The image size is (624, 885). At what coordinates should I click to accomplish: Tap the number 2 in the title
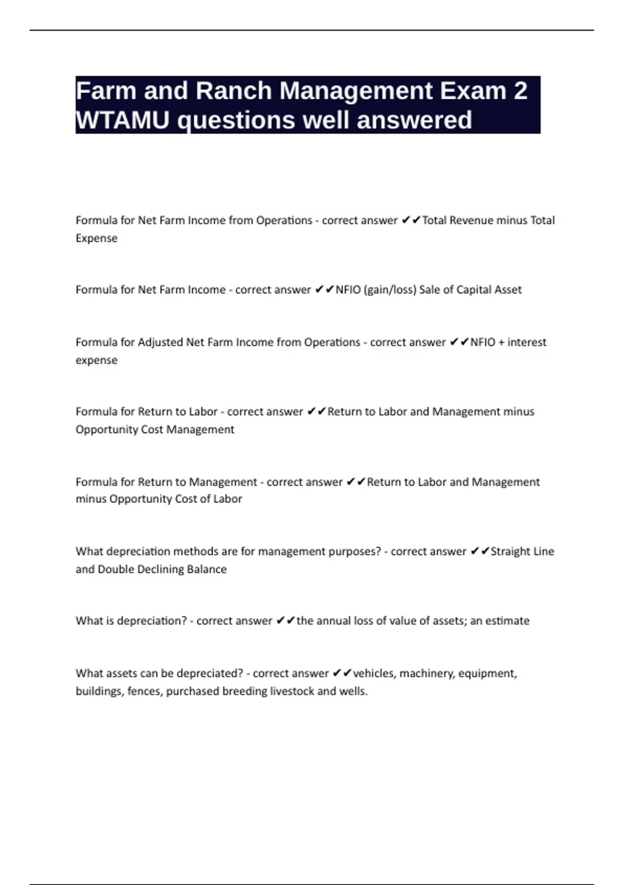coord(520,91)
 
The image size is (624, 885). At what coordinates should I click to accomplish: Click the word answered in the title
coord(414,120)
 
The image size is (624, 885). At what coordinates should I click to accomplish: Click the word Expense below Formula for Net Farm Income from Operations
coord(97,238)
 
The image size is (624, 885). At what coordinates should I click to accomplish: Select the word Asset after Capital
coord(507,289)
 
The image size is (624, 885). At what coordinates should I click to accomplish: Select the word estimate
coord(507,621)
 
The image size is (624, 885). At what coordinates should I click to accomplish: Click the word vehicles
coord(374,673)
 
